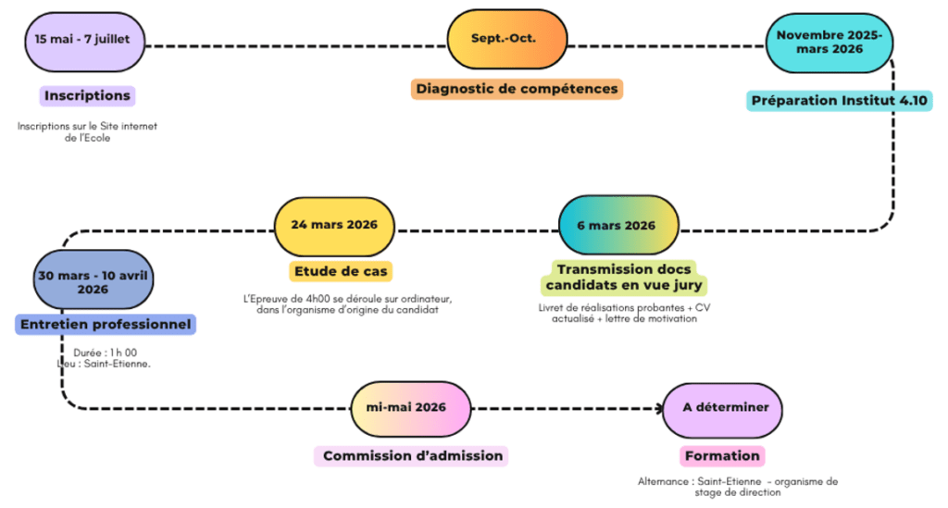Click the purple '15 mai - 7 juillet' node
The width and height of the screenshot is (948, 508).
[84, 41]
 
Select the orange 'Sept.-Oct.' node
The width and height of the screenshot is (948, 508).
[506, 40]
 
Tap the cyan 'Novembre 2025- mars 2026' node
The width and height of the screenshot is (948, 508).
[829, 43]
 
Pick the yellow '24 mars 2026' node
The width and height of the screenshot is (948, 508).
[333, 227]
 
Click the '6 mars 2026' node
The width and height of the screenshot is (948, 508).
[618, 226]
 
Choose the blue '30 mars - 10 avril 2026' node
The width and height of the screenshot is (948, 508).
[93, 281]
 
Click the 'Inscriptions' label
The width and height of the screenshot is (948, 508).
[88, 95]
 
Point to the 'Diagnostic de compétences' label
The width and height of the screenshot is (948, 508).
[517, 89]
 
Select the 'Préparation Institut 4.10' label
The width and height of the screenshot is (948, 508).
[840, 100]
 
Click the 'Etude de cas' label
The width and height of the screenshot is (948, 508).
[340, 271]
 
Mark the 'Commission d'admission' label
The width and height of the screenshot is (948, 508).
[412, 456]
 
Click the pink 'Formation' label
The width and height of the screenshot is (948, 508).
[721, 456]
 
